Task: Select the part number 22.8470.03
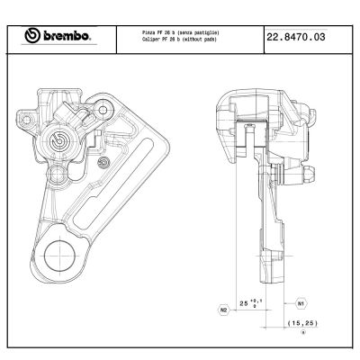(x=295, y=36)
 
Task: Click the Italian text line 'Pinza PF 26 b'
(x=181, y=31)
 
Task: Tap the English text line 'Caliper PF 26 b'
(x=181, y=40)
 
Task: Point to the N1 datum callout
(x=301, y=303)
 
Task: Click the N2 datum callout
(x=223, y=309)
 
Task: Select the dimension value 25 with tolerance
(x=249, y=303)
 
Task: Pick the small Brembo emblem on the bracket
(x=104, y=163)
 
